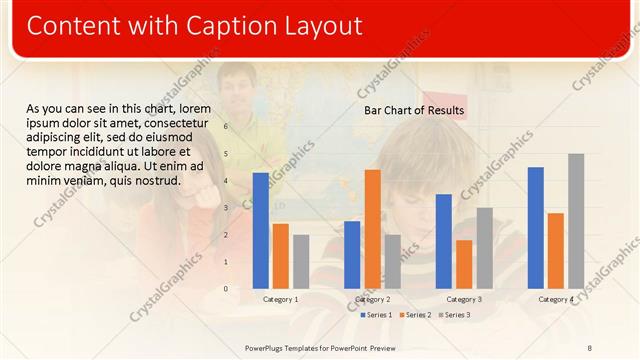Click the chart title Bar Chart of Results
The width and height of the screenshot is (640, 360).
click(x=414, y=110)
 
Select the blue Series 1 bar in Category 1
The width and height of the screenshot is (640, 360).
click(x=260, y=230)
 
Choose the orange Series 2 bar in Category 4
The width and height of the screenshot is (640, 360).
click(x=556, y=250)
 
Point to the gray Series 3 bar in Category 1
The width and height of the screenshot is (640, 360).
click(x=301, y=261)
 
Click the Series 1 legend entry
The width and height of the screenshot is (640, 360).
click(x=376, y=315)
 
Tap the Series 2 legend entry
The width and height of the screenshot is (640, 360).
click(x=415, y=315)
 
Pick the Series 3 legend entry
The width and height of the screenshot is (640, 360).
click(x=454, y=315)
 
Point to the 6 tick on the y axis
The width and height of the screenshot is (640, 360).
click(x=226, y=127)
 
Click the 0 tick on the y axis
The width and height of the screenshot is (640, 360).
click(x=226, y=289)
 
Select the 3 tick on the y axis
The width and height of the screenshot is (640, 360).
click(x=226, y=208)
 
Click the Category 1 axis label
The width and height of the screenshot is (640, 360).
click(x=280, y=299)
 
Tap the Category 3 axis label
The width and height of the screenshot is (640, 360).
click(x=464, y=299)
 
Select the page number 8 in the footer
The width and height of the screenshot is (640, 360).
click(x=589, y=347)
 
